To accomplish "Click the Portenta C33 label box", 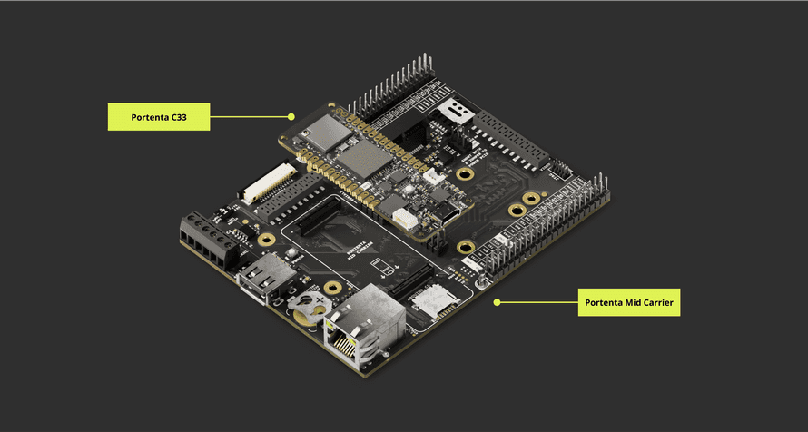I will [158, 117].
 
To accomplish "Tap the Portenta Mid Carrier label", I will [629, 302].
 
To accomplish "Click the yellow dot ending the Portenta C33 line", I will [291, 116].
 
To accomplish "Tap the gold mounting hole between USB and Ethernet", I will [332, 289].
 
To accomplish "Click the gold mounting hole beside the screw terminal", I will [265, 240].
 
